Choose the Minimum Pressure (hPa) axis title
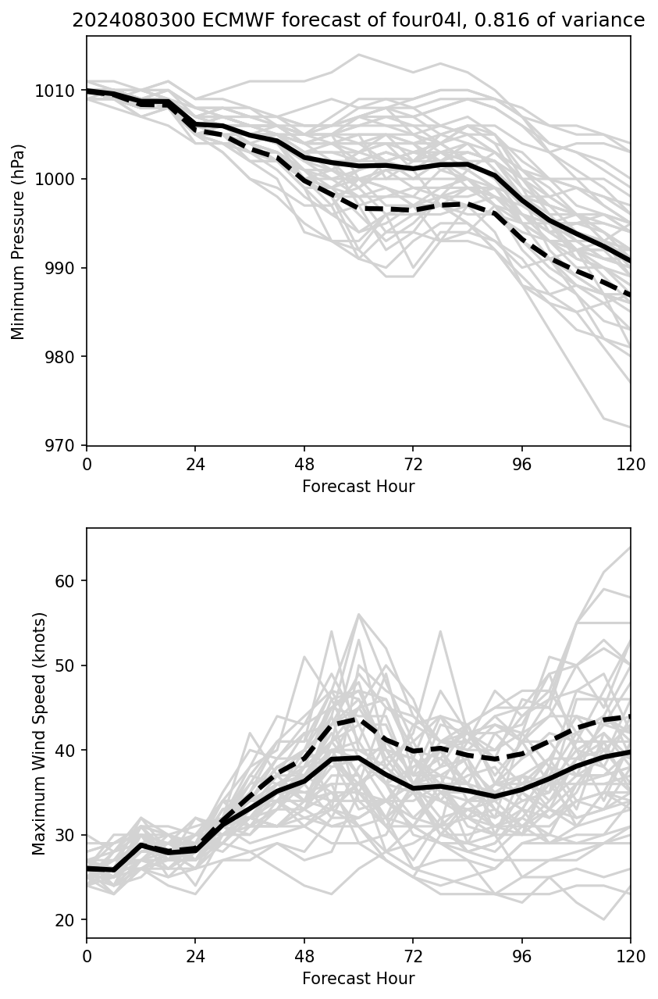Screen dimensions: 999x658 click(x=19, y=241)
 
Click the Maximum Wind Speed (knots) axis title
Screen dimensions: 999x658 click(x=39, y=733)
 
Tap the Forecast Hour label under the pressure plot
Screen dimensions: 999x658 click(x=358, y=487)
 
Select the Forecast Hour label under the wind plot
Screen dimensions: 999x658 click(x=358, y=979)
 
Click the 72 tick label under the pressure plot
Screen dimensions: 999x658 click(x=413, y=465)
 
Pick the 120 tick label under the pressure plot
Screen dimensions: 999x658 click(x=631, y=465)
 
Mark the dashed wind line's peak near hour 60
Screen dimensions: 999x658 click(x=358, y=719)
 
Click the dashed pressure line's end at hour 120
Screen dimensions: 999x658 click(x=630, y=295)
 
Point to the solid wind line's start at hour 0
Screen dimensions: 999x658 click(x=87, y=869)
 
